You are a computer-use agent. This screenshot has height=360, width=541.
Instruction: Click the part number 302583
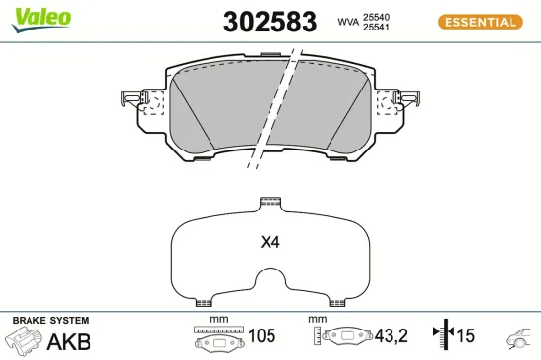[270, 22]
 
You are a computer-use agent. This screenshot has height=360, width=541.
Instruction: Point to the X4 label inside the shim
[270, 242]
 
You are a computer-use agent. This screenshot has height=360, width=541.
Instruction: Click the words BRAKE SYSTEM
[50, 321]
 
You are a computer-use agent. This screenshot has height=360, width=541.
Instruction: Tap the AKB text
[70, 341]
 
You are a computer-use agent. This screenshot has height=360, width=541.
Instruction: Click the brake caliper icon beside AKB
[25, 341]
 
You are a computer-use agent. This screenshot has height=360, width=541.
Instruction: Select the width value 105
[262, 336]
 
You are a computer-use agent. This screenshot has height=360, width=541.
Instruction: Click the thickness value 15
[465, 336]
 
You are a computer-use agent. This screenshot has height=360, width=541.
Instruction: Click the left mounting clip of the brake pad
[138, 101]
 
